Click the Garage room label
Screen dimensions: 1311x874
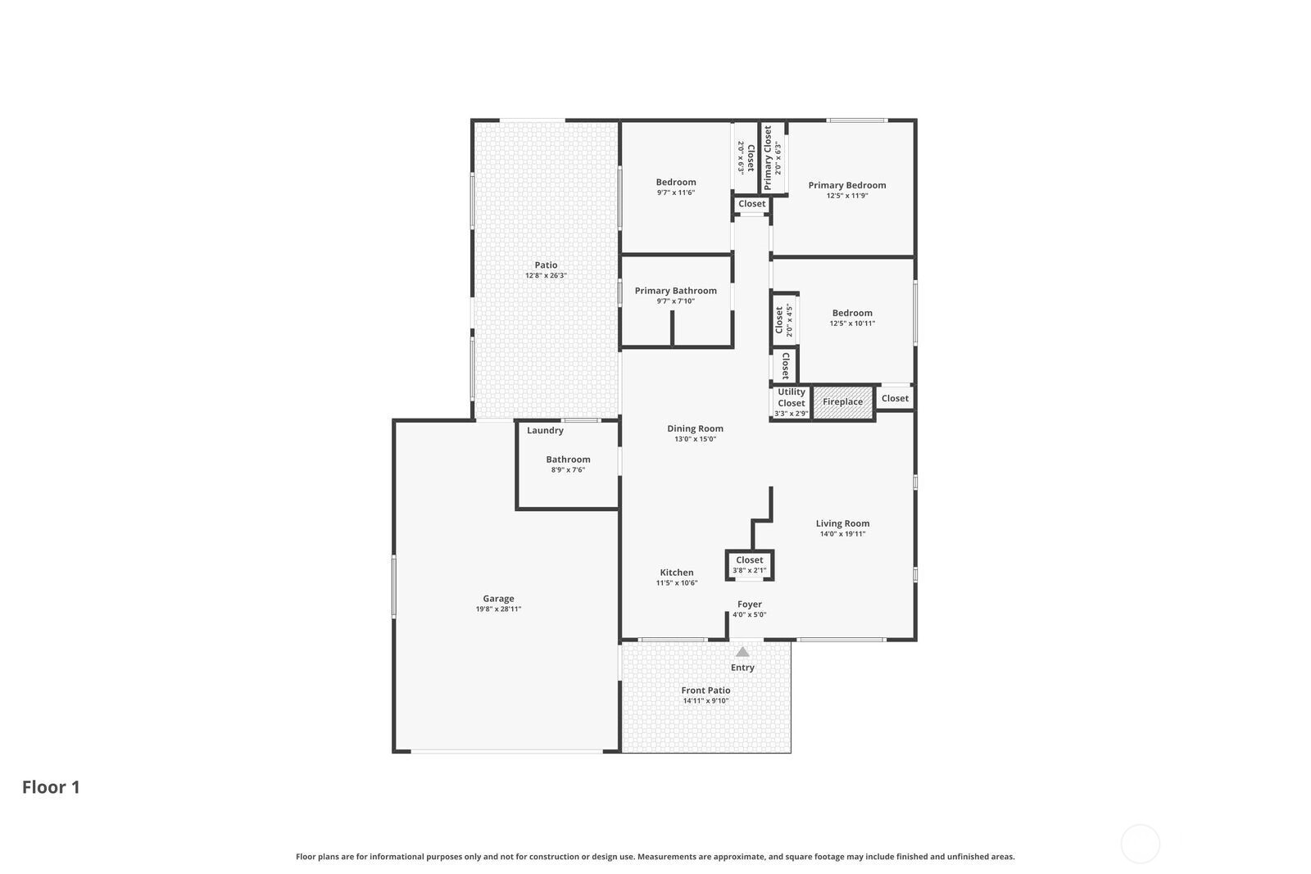pyautogui.click(x=498, y=599)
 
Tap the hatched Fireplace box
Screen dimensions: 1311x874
pyautogui.click(x=843, y=402)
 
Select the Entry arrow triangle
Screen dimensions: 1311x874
pyautogui.click(x=742, y=652)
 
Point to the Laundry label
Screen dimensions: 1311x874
pyautogui.click(x=545, y=431)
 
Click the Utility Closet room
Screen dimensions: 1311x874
pyautogui.click(x=792, y=402)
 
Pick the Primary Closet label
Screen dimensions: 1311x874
pyautogui.click(x=768, y=158)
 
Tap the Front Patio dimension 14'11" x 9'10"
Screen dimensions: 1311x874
pyautogui.click(x=705, y=701)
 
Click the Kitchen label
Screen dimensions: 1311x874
pyautogui.click(x=677, y=573)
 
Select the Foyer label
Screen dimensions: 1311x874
pyautogui.click(x=749, y=605)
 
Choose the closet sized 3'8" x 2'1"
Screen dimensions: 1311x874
pyautogui.click(x=749, y=565)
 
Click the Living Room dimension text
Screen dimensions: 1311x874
pyautogui.click(x=842, y=533)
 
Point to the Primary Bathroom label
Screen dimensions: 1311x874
pyautogui.click(x=675, y=291)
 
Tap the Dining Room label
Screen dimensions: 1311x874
pyautogui.click(x=695, y=429)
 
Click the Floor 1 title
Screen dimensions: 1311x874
pyautogui.click(x=51, y=787)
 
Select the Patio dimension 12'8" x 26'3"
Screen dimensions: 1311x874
pyautogui.click(x=546, y=275)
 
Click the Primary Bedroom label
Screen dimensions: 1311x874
pyautogui.click(x=847, y=185)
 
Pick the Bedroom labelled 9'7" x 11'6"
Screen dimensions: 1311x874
pyautogui.click(x=675, y=187)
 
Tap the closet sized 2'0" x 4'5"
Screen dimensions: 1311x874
pyautogui.click(x=784, y=320)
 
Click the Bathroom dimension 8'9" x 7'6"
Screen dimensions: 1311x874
pyautogui.click(x=568, y=469)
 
